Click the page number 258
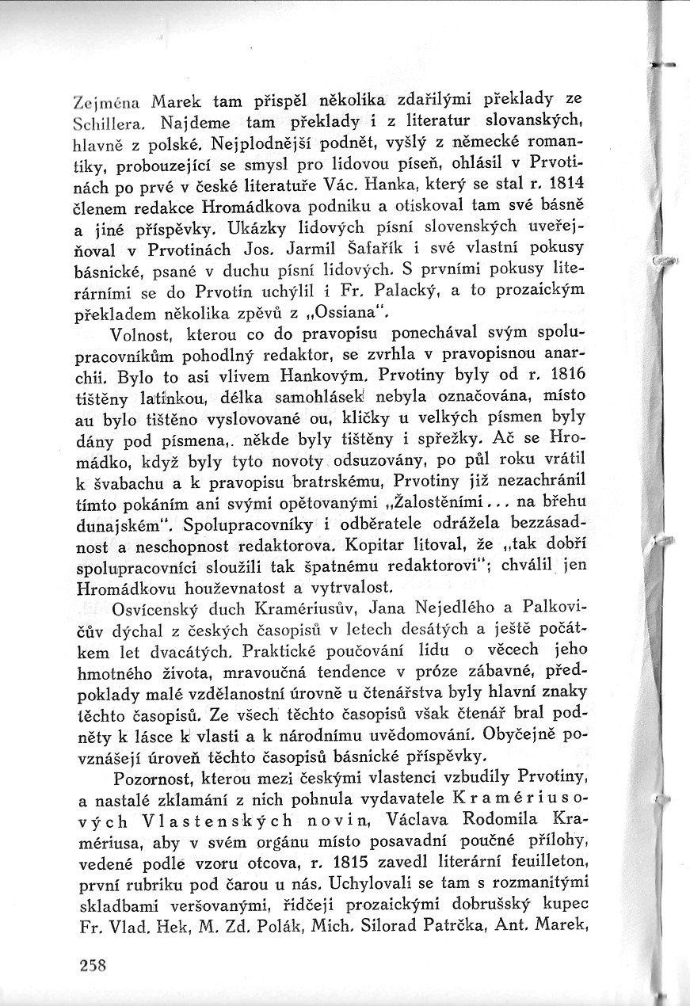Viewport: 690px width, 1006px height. [x=93, y=965]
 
